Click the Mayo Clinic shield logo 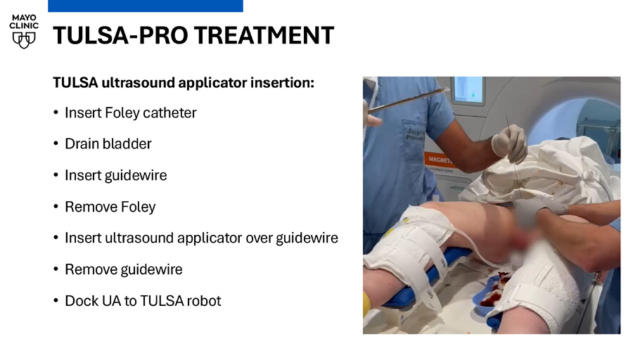24,40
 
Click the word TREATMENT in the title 264,35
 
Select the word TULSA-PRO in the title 121,35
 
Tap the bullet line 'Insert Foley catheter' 131,112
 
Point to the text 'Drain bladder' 108,143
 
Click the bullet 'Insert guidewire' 116,176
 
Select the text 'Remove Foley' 110,207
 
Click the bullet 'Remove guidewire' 124,269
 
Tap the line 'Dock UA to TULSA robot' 143,301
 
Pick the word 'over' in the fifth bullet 260,238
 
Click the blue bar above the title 146,6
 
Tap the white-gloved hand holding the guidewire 509,143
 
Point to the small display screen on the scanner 468,89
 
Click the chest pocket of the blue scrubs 414,139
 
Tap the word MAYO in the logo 24,18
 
